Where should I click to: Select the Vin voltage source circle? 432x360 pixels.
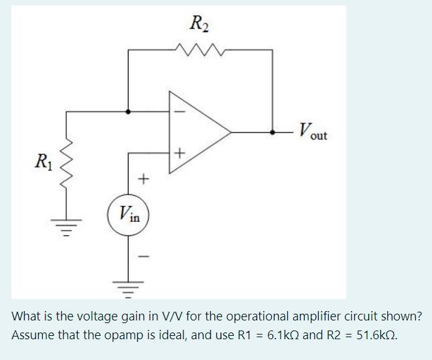click(129, 215)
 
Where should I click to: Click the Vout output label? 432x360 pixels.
click(313, 131)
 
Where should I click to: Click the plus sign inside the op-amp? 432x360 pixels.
click(178, 155)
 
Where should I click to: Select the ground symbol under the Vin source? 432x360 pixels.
click(129, 286)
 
